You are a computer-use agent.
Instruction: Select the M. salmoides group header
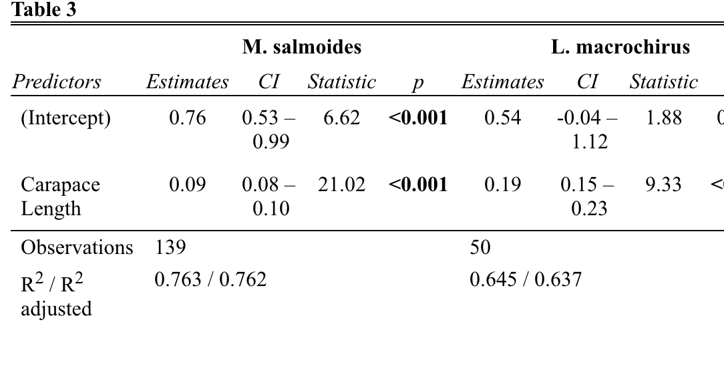coord(302,47)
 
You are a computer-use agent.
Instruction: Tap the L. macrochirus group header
coord(620,47)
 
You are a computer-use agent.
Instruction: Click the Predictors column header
coord(57,82)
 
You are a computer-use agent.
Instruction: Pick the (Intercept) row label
coord(65,118)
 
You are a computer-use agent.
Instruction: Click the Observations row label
coord(77,247)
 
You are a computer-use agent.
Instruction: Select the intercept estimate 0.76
coord(188,118)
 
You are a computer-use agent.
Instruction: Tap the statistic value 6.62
coord(341,118)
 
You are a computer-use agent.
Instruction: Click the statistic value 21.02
coord(341,184)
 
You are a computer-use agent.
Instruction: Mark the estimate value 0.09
coord(188,184)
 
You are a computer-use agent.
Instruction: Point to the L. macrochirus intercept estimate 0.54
coord(503,118)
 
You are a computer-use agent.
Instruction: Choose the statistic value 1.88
coord(663,118)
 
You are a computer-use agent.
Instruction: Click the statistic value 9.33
coord(663,184)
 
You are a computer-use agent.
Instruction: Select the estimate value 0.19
coord(503,184)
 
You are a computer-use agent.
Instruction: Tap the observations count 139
coord(170,247)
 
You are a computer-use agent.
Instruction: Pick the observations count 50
coord(480,247)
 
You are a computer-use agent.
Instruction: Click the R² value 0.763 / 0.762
coord(210,279)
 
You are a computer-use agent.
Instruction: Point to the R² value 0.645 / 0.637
coord(526,279)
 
